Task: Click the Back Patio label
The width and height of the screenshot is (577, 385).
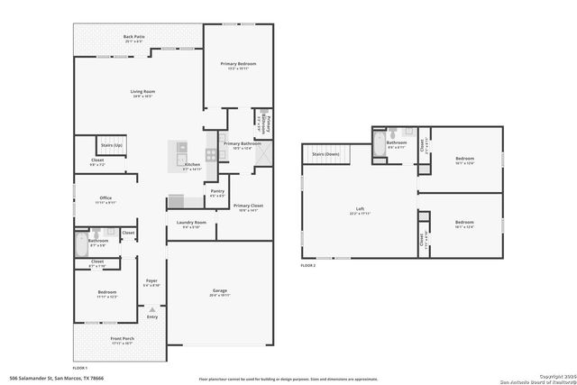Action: (133, 38)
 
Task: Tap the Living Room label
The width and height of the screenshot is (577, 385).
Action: (142, 92)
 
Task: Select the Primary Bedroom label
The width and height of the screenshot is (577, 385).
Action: (238, 65)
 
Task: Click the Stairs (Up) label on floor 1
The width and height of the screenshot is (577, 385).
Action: (112, 144)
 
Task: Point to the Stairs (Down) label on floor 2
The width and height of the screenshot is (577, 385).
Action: (325, 154)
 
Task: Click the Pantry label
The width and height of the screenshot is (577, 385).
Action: (217, 191)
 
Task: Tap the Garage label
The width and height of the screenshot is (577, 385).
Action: (219, 292)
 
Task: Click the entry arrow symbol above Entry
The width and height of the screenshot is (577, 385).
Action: (151, 308)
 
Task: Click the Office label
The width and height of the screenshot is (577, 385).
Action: (105, 199)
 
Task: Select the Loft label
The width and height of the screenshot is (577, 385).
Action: (360, 210)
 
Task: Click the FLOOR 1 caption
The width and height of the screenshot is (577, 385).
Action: (80, 367)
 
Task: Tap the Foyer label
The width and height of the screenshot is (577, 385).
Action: (151, 282)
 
